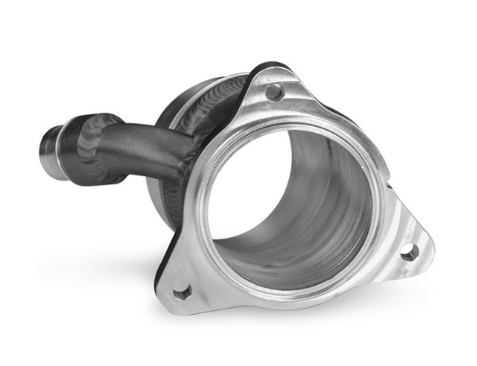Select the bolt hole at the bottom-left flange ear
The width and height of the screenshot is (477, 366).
(182, 290)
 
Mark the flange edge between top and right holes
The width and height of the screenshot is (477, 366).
(353, 132)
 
